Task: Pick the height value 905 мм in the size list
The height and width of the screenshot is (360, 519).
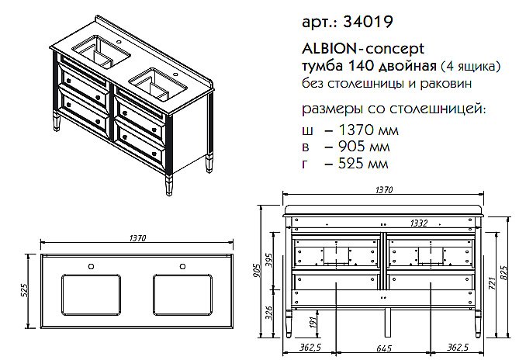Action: click(x=351, y=147)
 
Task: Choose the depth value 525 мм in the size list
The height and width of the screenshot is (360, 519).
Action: click(x=351, y=164)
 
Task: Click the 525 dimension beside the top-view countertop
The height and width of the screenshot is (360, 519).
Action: click(x=24, y=293)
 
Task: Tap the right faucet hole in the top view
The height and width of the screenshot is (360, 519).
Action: click(x=183, y=268)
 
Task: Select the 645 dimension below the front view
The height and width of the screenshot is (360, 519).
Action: click(x=385, y=347)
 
